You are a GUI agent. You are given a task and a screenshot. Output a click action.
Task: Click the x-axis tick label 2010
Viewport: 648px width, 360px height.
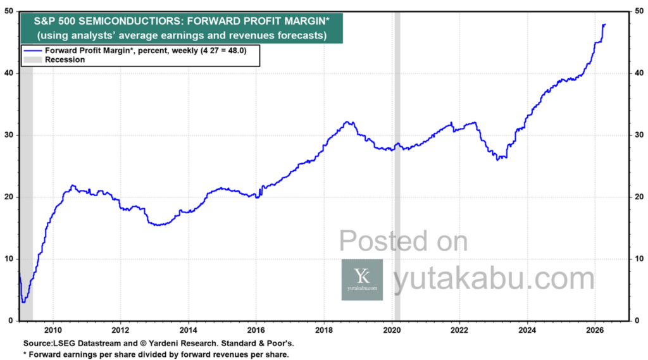(53, 329)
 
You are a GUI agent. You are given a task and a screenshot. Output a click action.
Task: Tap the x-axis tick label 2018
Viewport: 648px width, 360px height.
(323, 329)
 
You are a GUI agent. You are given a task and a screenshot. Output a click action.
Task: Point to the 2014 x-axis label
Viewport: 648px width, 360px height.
(188, 329)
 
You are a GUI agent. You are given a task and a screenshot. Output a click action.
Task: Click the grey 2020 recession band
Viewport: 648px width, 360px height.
(397, 190)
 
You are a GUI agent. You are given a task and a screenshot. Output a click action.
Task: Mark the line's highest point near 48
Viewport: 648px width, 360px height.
(605, 24)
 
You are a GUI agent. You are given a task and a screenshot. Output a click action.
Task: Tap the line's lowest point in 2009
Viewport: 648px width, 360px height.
(23, 301)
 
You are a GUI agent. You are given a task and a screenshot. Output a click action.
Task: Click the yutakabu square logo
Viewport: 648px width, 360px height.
(362, 279)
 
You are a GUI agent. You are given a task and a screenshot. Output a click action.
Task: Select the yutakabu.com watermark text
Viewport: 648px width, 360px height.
(494, 279)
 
